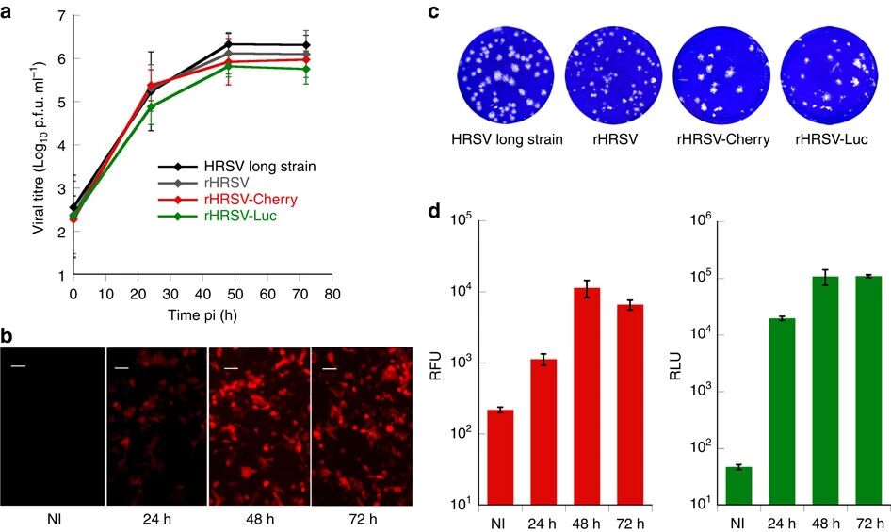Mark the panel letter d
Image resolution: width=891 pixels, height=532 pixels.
pyautogui.click(x=434, y=210)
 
